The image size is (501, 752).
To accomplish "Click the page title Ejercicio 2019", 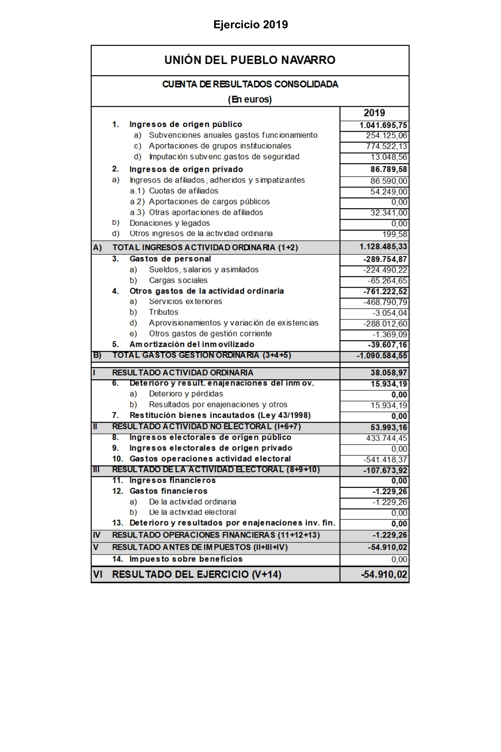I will pyautogui.click(x=250, y=25).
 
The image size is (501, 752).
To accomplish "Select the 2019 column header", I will pyautogui.click(x=374, y=113).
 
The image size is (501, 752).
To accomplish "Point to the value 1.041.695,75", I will pyautogui.click(x=383, y=125).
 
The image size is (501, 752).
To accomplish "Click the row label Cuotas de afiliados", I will pyautogui.click(x=183, y=191).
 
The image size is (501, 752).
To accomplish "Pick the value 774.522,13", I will pyautogui.click(x=386, y=146).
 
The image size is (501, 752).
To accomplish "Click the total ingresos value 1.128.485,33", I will pyautogui.click(x=383, y=247).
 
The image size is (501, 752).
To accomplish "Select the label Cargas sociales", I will pyautogui.click(x=178, y=280).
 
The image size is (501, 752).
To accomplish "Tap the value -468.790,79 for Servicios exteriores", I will pyautogui.click(x=385, y=302).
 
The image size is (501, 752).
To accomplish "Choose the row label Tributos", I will pyautogui.click(x=163, y=312).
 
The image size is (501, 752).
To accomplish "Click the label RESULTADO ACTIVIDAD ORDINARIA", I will pyautogui.click(x=183, y=373).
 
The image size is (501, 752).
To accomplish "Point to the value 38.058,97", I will pyautogui.click(x=389, y=373).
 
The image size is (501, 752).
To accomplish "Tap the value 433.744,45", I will pyautogui.click(x=386, y=438).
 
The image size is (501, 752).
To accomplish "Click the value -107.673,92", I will pyautogui.click(x=385, y=471).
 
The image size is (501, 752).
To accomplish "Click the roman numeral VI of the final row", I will pyautogui.click(x=98, y=574).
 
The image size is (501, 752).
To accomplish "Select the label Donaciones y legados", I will pyautogui.click(x=169, y=223).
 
